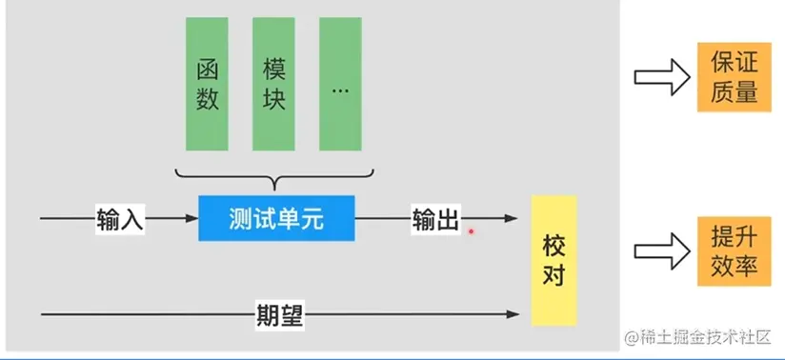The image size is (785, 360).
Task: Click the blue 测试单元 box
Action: coord(276,219)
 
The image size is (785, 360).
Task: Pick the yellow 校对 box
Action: coord(554,260)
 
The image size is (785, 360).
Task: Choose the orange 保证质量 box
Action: coord(734,77)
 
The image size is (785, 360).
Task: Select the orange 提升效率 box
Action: coord(734,250)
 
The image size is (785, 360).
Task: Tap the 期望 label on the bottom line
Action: coord(280,313)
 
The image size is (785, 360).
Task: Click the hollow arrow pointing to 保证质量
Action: coord(661,77)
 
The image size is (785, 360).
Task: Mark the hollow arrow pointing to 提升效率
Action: coord(661,251)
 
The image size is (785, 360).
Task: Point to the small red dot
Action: coord(470,230)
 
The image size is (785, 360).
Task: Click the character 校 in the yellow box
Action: coord(554,244)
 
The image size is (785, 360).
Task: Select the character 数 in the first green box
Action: coord(208,99)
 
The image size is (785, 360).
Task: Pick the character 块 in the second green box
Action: coord(274,99)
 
